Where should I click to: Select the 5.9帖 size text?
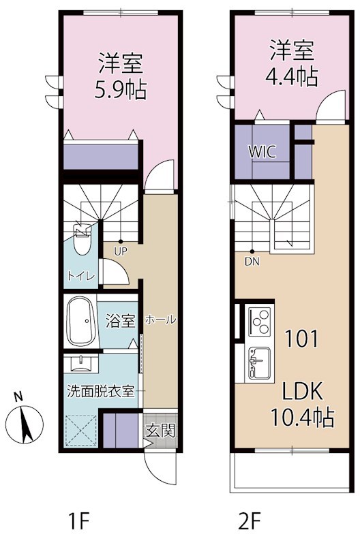pos(122,89)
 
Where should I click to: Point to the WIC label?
pos(262,151)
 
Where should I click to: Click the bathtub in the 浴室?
pos(84,320)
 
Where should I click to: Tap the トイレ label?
pos(80,276)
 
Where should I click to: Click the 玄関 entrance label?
pos(161,430)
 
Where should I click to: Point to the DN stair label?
pos(252,260)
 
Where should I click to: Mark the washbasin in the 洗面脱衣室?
pos(82,361)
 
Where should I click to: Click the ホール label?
pos(160,320)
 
